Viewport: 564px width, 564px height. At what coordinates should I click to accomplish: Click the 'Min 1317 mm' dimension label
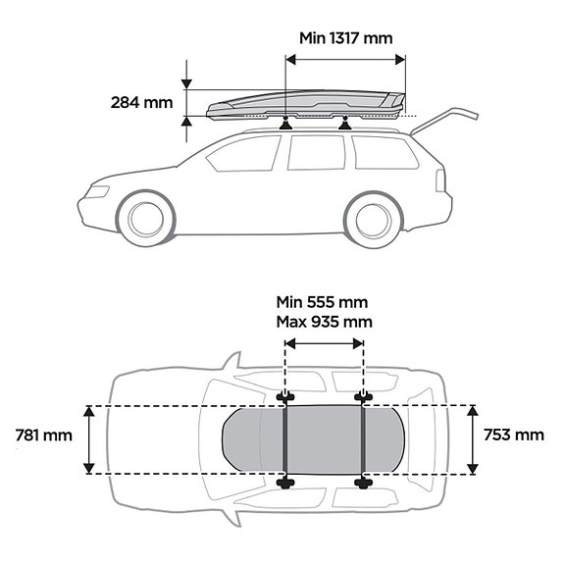345,38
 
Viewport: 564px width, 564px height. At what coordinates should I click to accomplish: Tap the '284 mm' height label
141,103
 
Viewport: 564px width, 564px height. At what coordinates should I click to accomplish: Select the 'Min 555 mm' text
322,302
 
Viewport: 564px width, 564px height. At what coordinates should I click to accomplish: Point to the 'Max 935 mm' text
324,322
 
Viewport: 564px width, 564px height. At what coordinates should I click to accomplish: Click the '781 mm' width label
43,436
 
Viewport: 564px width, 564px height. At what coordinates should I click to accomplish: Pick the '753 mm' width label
514,435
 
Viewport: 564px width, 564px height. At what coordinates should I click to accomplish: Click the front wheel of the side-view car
146,219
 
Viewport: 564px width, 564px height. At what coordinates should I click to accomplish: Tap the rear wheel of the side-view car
373,220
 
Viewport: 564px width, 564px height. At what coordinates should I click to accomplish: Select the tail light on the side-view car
440,180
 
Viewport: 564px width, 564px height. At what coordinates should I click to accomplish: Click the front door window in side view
244,154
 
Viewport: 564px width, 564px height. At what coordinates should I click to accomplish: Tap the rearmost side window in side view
385,152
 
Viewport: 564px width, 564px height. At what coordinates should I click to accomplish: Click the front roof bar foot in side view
286,125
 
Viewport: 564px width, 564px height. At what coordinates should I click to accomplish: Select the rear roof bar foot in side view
345,125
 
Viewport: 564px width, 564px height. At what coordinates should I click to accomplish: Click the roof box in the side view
306,104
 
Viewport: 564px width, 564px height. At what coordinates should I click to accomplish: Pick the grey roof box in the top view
313,439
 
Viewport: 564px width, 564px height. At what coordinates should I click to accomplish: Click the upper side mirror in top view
232,361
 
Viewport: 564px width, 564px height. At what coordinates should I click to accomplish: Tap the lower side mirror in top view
232,517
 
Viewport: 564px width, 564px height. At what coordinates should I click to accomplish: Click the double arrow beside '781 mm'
88,439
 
